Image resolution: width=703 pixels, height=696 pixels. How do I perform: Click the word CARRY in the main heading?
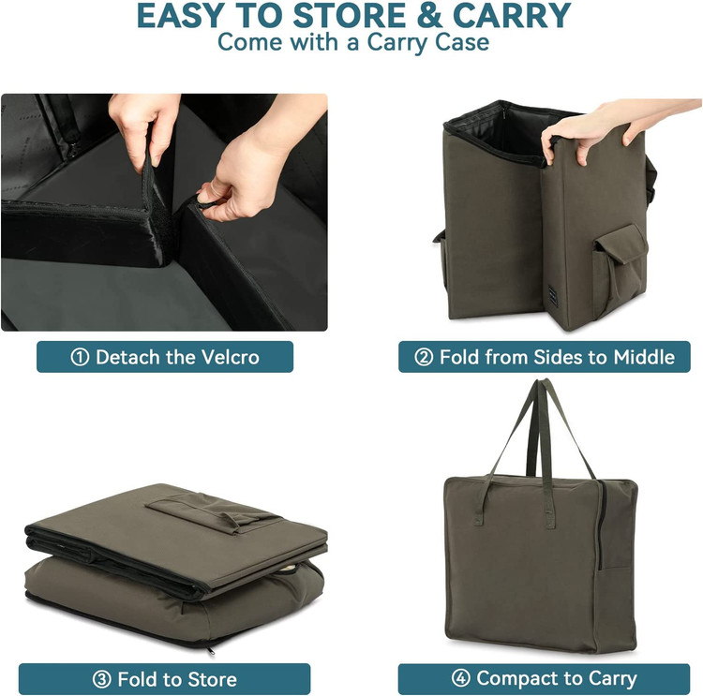tap(512, 16)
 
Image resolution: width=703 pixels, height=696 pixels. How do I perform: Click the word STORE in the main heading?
tap(350, 16)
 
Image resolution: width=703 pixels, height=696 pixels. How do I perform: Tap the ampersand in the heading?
tap(429, 16)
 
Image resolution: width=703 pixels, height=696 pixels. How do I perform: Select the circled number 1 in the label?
tap(80, 357)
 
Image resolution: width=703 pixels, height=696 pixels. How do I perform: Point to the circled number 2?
tap(424, 357)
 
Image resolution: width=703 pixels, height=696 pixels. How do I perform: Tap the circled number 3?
tap(102, 679)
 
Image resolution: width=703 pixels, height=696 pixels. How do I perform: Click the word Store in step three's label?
tap(212, 679)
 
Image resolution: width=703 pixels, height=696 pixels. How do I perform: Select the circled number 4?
tap(461, 678)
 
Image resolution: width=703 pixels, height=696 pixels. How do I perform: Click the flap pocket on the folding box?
tap(621, 267)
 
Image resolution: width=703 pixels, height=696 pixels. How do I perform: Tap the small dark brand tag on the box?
tap(552, 296)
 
